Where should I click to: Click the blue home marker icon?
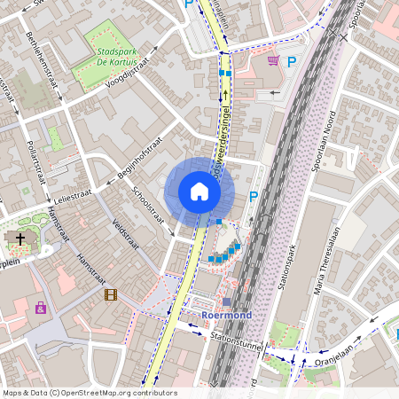(199, 192)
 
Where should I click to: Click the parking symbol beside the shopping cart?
(293, 61)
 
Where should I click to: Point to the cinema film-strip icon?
(110, 294)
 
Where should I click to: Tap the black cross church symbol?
(20, 239)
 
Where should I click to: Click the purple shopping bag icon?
(41, 308)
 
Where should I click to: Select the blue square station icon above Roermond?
(226, 302)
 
